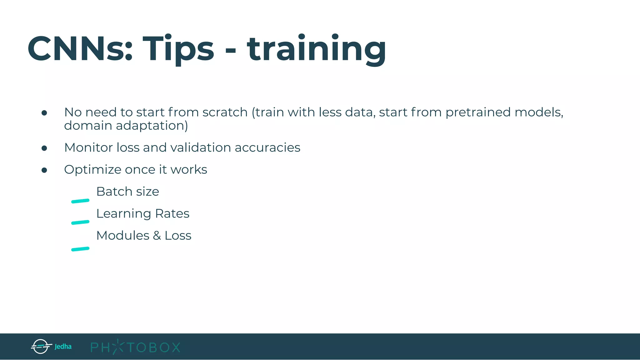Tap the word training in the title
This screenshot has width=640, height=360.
click(x=316, y=49)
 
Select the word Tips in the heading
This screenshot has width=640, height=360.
click(x=178, y=49)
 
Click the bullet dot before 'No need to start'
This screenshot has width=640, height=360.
click(x=44, y=113)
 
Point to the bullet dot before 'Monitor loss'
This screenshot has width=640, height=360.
click(x=44, y=148)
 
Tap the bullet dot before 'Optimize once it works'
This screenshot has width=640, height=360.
click(x=44, y=170)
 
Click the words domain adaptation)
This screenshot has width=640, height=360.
click(x=126, y=126)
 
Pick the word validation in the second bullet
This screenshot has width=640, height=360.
click(x=200, y=147)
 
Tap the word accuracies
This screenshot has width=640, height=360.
click(x=267, y=147)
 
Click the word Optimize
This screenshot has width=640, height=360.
click(x=92, y=170)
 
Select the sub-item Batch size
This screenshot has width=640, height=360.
click(x=127, y=192)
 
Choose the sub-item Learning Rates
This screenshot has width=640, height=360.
click(x=142, y=214)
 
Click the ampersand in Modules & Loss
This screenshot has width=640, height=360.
click(x=157, y=236)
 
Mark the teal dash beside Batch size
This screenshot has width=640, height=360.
click(x=80, y=201)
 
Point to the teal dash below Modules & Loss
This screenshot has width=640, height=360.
click(x=80, y=249)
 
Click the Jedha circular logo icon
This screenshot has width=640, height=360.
click(x=41, y=346)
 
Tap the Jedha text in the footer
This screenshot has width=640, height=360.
click(x=63, y=347)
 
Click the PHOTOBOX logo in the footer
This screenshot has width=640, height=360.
click(x=135, y=347)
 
